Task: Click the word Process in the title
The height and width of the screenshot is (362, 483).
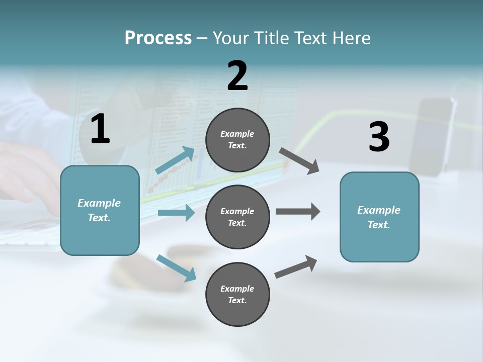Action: [158, 38]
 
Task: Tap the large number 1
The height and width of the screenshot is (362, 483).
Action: [100, 129]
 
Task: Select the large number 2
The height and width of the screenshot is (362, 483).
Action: [237, 76]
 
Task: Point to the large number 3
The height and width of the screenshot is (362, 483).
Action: [379, 137]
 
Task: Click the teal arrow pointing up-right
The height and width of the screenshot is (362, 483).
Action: [175, 160]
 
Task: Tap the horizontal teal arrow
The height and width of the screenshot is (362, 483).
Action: [176, 213]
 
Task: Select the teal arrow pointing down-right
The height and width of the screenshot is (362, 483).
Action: [176, 268]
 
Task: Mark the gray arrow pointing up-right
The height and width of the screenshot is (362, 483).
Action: [296, 267]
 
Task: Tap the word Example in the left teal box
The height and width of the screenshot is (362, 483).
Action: [99, 203]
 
